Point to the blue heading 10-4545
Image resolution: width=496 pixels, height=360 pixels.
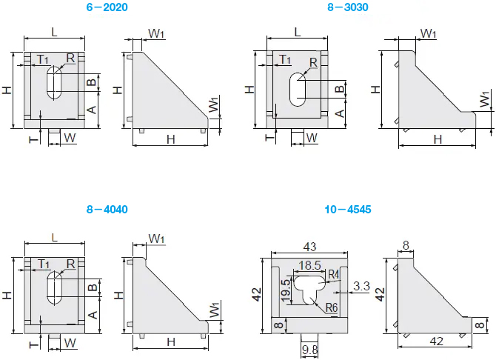point(347,210)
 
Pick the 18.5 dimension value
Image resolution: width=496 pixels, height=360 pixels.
point(309,264)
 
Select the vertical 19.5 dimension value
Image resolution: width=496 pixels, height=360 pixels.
point(286,287)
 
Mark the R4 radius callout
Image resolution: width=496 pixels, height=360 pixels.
point(333,276)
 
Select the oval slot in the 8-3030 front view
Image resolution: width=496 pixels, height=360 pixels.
point(297,89)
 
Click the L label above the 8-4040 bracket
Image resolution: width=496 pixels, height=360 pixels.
point(54,236)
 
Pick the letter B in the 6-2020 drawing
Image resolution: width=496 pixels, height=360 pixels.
point(91,83)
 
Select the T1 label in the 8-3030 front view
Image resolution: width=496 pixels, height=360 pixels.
point(285,59)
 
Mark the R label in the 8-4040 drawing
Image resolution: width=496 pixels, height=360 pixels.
point(70,263)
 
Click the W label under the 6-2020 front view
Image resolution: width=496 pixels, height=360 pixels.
point(69,137)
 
